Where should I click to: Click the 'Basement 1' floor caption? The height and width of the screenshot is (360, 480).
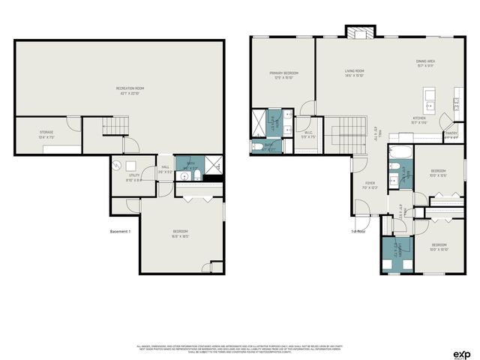(x=120, y=232)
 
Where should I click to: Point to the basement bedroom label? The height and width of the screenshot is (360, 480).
(x=180, y=233)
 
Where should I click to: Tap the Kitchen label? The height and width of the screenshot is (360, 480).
(x=419, y=120)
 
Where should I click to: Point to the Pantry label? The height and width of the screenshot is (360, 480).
(x=451, y=135)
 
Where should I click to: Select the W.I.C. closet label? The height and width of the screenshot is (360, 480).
(x=308, y=136)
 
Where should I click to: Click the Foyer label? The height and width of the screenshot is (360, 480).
(x=370, y=184)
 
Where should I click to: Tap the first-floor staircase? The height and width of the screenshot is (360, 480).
(x=349, y=136)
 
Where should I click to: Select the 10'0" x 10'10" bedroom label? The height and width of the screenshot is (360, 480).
(x=439, y=247)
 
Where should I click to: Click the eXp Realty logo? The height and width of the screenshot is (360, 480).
(x=462, y=353)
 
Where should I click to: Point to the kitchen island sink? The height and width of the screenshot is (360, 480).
(x=429, y=94)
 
